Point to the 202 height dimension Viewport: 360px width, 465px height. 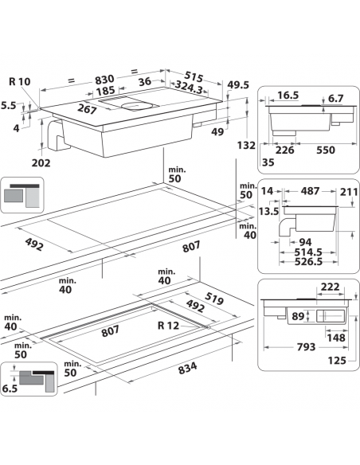click(41, 163)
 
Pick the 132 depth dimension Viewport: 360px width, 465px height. click(248, 145)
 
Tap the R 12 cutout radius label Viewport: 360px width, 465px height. click(170, 325)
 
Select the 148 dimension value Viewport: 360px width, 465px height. click(335, 337)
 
